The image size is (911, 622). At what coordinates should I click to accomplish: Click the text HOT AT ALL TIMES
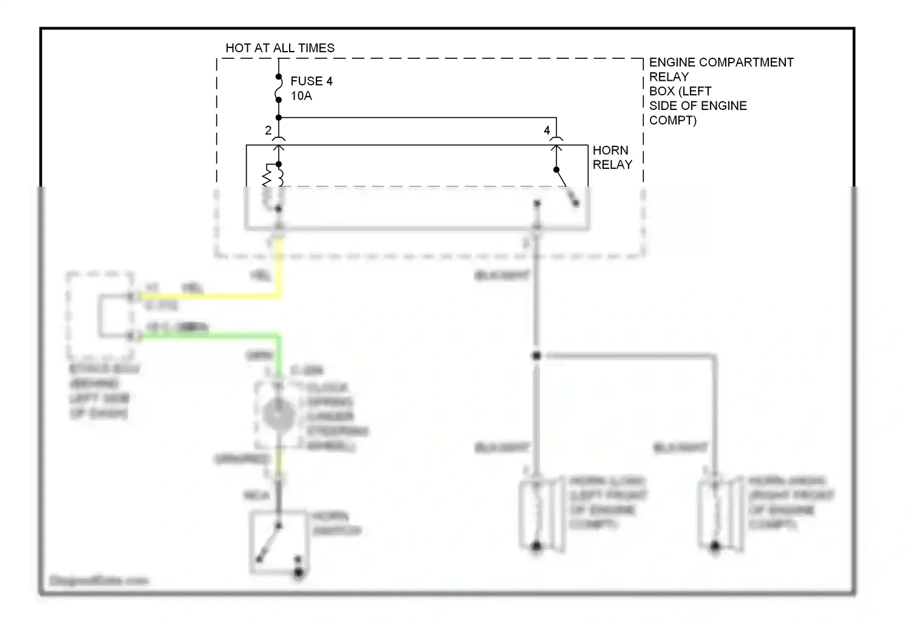click(280, 48)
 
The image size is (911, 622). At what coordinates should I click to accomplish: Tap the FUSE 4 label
click(311, 81)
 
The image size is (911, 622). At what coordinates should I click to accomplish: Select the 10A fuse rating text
click(301, 96)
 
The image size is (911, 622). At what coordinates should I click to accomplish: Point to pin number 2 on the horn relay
click(268, 130)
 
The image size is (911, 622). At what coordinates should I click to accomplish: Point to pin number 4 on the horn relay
click(547, 130)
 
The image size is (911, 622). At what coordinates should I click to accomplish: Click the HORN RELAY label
click(612, 157)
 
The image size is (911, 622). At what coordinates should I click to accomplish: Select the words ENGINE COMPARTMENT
click(721, 63)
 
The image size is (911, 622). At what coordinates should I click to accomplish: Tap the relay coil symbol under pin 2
click(273, 176)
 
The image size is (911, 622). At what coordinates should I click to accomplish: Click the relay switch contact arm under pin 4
click(565, 185)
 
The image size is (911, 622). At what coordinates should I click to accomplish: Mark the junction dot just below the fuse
click(279, 118)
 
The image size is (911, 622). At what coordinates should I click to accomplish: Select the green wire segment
click(213, 335)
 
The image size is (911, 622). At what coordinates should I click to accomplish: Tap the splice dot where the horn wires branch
click(536, 356)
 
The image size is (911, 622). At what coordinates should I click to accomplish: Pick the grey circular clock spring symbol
click(279, 416)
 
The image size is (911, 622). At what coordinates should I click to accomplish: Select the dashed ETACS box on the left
click(100, 316)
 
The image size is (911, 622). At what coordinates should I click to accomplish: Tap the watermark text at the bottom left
click(98, 581)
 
